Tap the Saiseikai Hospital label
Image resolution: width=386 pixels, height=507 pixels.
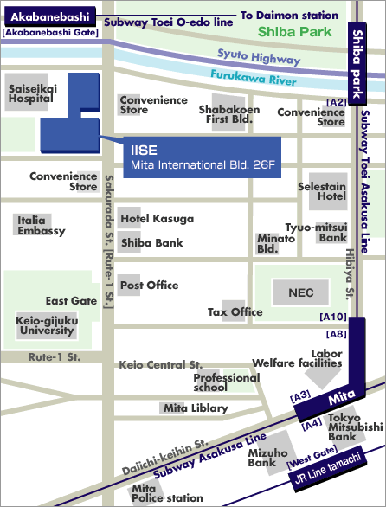click(x=31, y=93)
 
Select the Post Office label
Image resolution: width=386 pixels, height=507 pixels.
click(x=149, y=285)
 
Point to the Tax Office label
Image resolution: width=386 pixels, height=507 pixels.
click(x=235, y=311)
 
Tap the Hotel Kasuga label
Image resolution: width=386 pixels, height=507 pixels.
click(x=157, y=218)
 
